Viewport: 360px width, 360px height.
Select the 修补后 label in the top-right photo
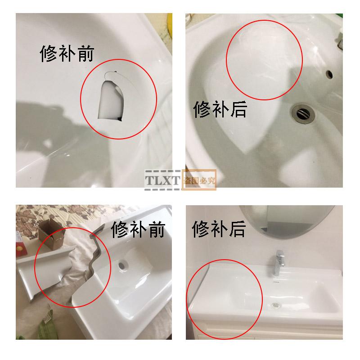(220, 109)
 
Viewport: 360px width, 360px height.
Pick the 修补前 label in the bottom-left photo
(138, 229)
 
